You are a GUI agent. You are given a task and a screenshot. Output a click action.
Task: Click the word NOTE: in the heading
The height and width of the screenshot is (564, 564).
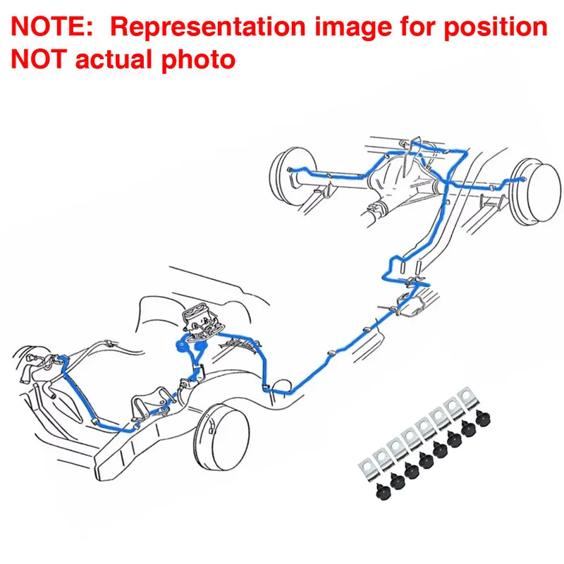point(52,26)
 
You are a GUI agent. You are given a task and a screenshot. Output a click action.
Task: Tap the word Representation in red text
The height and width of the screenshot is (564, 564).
point(208,27)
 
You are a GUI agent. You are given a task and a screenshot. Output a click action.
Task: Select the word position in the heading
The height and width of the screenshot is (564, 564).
point(496,27)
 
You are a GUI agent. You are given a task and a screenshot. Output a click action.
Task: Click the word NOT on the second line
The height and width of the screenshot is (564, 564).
point(39,59)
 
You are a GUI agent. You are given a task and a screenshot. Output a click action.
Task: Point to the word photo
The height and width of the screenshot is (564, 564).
point(198,60)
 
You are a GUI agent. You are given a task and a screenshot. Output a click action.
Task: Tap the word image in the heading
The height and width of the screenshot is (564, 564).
point(353,27)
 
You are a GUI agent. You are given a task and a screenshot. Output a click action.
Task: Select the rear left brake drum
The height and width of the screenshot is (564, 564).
point(290,176)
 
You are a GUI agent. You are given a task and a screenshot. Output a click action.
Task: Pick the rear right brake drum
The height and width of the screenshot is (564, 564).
point(537,192)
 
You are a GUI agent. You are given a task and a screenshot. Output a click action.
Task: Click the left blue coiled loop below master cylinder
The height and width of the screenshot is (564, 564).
point(181,345)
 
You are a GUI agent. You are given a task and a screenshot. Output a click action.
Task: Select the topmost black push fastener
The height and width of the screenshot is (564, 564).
point(483,418)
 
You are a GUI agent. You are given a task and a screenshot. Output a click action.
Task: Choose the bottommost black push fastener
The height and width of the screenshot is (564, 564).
point(384,491)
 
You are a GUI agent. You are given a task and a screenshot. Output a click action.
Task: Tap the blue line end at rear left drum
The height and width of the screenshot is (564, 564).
point(290,169)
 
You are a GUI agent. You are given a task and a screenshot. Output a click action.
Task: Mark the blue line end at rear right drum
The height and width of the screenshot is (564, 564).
point(523,179)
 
